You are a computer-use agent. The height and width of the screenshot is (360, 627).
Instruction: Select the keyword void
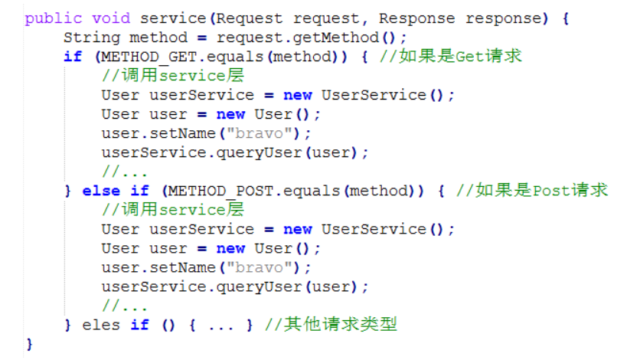coord(110,18)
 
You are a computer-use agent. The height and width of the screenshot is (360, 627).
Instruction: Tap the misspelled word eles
coord(101,325)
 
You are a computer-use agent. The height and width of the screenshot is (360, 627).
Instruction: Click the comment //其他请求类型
coord(331,325)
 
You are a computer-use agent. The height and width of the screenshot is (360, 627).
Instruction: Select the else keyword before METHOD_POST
coord(101,190)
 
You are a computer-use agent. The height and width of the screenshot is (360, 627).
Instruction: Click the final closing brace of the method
coord(29,344)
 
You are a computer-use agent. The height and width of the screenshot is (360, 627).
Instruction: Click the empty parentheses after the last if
coord(168,325)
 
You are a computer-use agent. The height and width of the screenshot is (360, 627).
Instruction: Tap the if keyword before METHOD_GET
coord(72,56)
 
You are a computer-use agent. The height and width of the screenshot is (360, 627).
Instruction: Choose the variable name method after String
coord(158,37)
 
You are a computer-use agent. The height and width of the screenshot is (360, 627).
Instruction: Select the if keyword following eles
coord(139,325)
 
